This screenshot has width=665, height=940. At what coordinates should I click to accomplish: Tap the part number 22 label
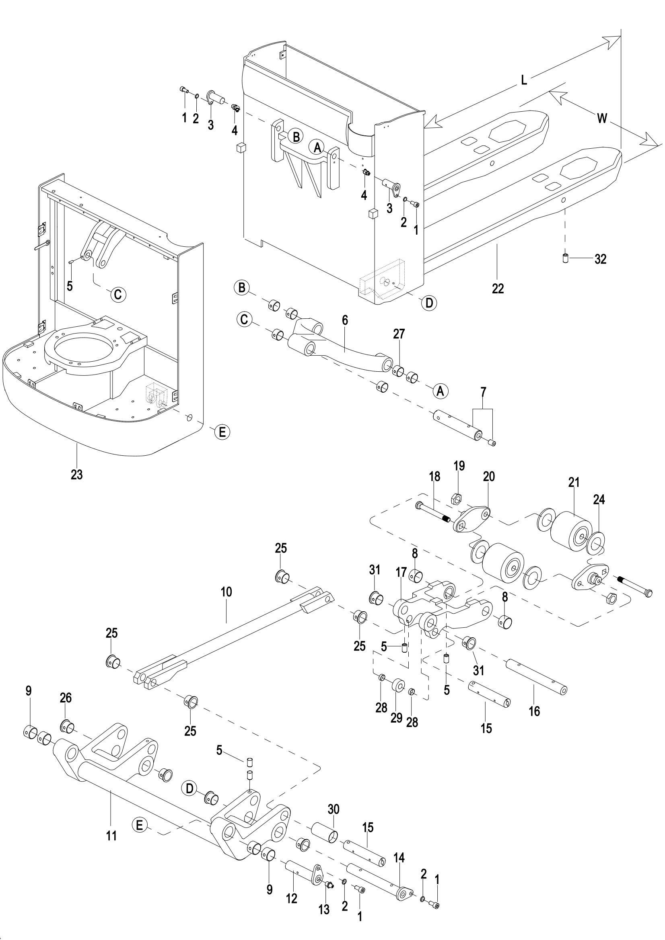(498, 289)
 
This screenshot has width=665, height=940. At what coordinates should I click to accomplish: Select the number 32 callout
(600, 259)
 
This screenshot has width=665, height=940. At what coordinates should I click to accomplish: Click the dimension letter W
(602, 118)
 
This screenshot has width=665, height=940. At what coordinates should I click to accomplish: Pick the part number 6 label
(345, 320)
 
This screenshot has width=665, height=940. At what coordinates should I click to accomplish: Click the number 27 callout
(399, 334)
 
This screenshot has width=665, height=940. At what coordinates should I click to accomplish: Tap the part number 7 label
(483, 392)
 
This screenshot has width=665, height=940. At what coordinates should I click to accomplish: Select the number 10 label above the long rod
(226, 592)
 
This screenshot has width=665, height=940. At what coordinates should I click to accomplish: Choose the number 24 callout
(599, 500)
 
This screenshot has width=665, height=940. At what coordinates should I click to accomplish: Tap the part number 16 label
(534, 711)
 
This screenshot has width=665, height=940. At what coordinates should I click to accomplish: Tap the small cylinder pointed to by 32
(564, 259)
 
